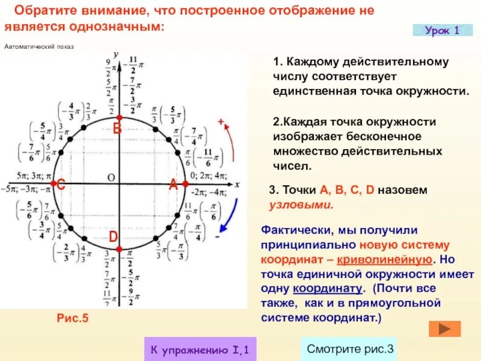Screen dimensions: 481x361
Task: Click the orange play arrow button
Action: point(445,329)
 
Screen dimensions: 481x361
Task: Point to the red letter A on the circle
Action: point(173,186)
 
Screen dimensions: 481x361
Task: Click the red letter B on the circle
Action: point(117,128)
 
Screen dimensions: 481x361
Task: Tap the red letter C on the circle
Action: point(61,187)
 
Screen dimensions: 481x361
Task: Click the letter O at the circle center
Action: point(111,177)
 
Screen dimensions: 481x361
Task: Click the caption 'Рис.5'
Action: point(72,318)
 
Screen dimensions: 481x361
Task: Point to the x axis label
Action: point(237,184)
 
